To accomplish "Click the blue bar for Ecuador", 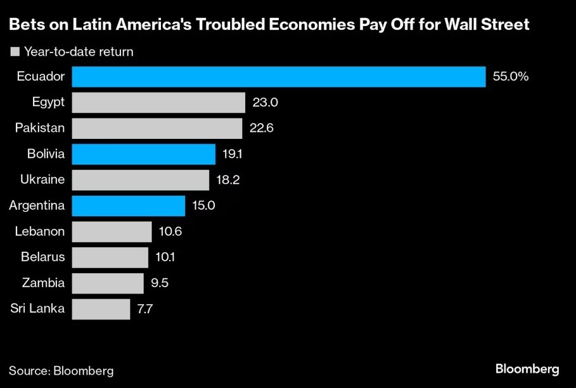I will click(x=279, y=77).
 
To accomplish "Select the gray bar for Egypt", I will click(x=158, y=103).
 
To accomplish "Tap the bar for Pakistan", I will click(x=157, y=128).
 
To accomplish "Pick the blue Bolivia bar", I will click(x=144, y=154).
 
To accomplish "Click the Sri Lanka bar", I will click(x=101, y=309).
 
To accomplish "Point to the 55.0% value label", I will click(x=510, y=77).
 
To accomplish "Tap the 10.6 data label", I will click(x=170, y=231).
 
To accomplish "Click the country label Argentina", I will click(x=37, y=205).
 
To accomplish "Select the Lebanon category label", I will click(x=40, y=231).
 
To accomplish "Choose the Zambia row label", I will click(x=43, y=283).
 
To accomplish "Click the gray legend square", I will click(x=15, y=51).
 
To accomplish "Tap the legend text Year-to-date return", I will click(x=79, y=51).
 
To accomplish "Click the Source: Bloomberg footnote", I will click(x=56, y=370).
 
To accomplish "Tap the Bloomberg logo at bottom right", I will click(x=527, y=369).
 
